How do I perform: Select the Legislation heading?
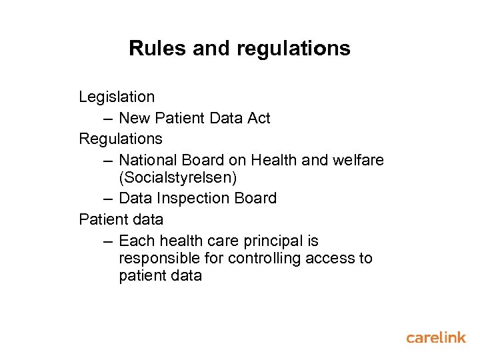click(x=117, y=97)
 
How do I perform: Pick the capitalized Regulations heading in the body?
click(x=121, y=139)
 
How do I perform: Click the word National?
click(x=149, y=161)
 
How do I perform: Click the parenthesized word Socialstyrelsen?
click(x=177, y=178)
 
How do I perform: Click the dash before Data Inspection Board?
click(x=108, y=199)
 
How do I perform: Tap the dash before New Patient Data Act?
click(x=108, y=119)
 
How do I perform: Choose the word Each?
click(x=135, y=241)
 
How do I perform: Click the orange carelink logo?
click(x=436, y=337)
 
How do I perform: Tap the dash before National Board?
click(x=108, y=161)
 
